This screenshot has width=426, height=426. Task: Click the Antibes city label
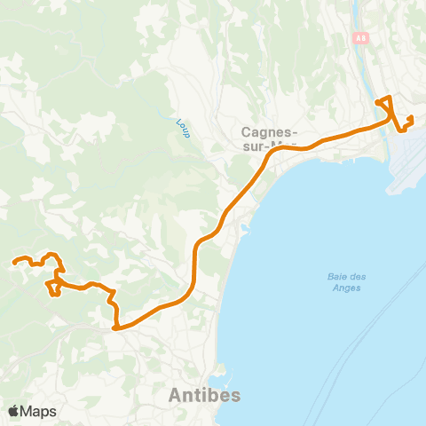click(204, 395)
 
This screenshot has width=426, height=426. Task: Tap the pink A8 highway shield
click(360, 38)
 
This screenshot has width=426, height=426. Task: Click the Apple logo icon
click(13, 411)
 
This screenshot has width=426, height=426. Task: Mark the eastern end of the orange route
click(411, 118)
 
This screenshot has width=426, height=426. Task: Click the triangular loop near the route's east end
click(386, 104)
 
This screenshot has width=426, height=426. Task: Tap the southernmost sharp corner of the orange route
click(115, 327)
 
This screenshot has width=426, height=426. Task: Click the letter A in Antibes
click(176, 395)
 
